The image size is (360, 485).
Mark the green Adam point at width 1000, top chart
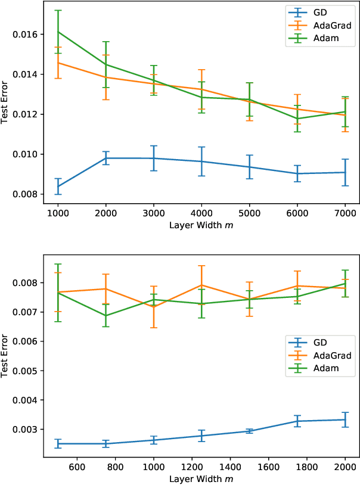pos(58,32)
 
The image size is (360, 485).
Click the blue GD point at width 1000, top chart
pos(58,186)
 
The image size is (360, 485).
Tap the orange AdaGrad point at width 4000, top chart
pos(201,89)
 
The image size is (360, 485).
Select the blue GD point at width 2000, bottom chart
pos(345,419)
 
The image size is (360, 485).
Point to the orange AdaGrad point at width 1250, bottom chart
pos(201,285)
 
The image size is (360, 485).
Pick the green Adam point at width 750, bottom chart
pos(105,315)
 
